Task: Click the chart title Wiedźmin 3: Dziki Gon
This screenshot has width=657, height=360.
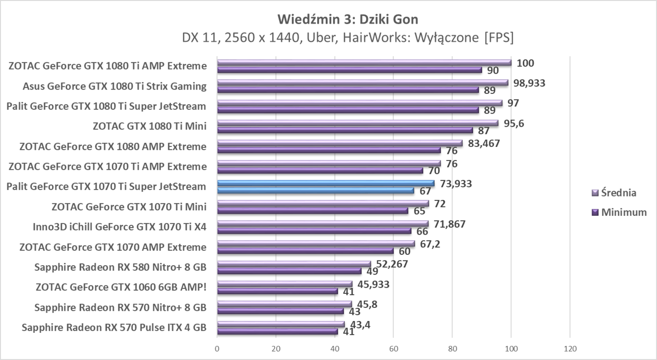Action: pyautogui.click(x=347, y=19)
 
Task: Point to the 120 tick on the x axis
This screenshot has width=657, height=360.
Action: pyautogui.click(x=570, y=349)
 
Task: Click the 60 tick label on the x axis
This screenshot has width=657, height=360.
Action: pyautogui.click(x=393, y=349)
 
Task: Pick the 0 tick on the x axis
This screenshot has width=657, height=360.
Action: pyautogui.click(x=217, y=349)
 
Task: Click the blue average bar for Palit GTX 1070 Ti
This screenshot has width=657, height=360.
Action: pyautogui.click(x=326, y=184)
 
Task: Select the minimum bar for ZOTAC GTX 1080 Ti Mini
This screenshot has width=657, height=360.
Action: pyautogui.click(x=345, y=130)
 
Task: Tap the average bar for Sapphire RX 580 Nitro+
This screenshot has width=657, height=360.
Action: pyautogui.click(x=294, y=264)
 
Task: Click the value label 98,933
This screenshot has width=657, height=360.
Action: pyautogui.click(x=529, y=83)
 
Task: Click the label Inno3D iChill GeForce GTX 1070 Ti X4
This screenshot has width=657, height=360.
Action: pyautogui.click(x=120, y=227)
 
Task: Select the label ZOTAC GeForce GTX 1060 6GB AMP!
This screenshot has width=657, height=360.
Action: pyautogui.click(x=121, y=287)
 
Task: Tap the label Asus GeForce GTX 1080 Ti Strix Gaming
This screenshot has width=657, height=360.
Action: pyautogui.click(x=115, y=86)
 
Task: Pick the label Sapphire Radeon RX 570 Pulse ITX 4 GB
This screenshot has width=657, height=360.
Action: pyautogui.click(x=114, y=328)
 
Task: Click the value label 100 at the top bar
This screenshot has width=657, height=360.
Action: pyautogui.click(x=525, y=63)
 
